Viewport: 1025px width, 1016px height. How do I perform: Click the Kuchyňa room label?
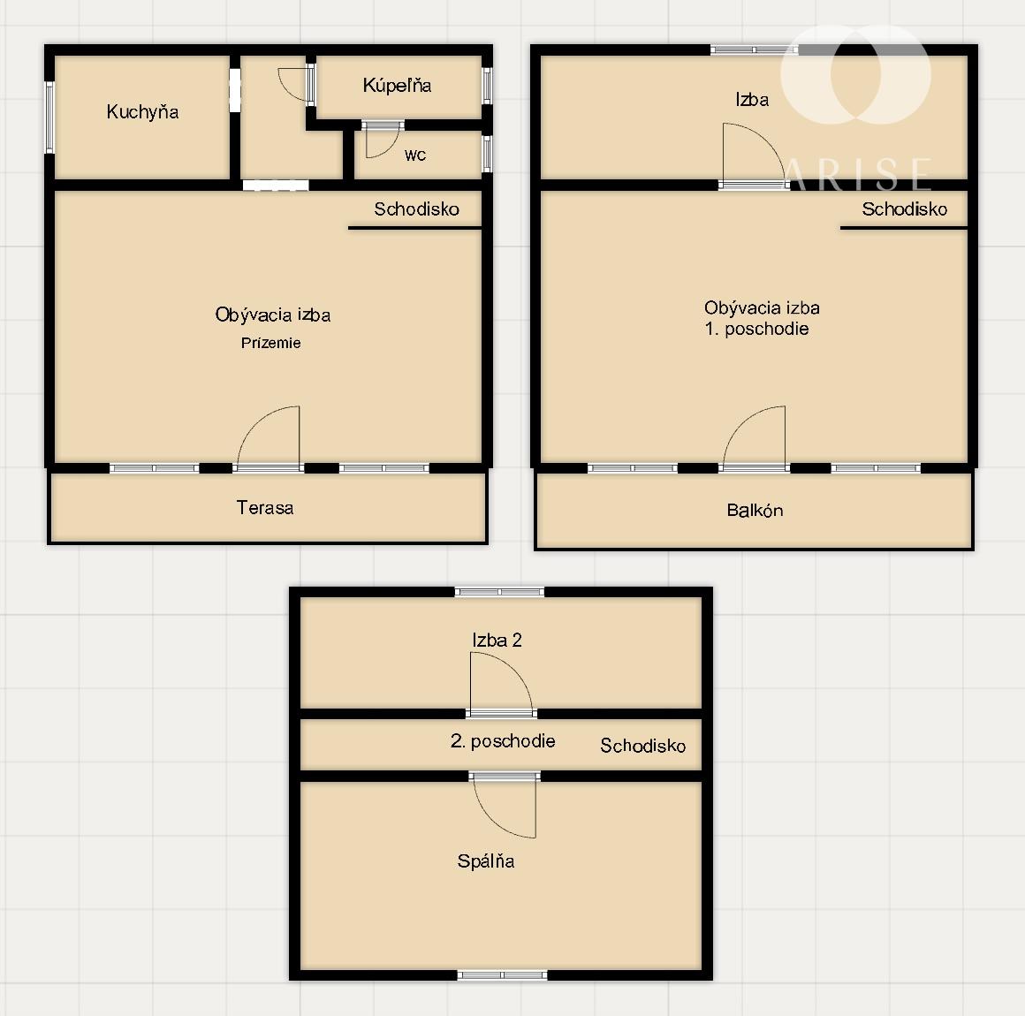[x=142, y=112]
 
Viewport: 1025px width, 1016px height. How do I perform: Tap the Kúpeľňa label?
[x=397, y=85]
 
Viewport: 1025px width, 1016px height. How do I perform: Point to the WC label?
[x=415, y=155]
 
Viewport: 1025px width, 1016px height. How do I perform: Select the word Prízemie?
[x=270, y=343]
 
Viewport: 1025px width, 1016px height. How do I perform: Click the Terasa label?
[x=265, y=507]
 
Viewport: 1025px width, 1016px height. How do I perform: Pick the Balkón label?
[x=755, y=510]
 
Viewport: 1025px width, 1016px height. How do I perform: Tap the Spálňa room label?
[x=486, y=861]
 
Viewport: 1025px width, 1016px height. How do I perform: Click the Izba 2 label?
[x=497, y=640]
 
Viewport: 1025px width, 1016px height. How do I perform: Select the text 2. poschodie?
[x=503, y=740]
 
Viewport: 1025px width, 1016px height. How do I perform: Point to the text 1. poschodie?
[x=756, y=328]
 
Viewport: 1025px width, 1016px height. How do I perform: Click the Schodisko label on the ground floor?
[x=416, y=209]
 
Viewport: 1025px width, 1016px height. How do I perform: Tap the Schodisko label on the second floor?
[x=642, y=746]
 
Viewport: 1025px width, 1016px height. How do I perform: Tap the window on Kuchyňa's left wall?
[x=49, y=117]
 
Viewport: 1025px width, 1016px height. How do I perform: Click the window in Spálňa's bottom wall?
[x=502, y=975]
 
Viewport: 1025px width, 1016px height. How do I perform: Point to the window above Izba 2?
[x=499, y=592]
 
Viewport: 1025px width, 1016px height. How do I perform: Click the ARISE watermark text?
[x=857, y=174]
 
